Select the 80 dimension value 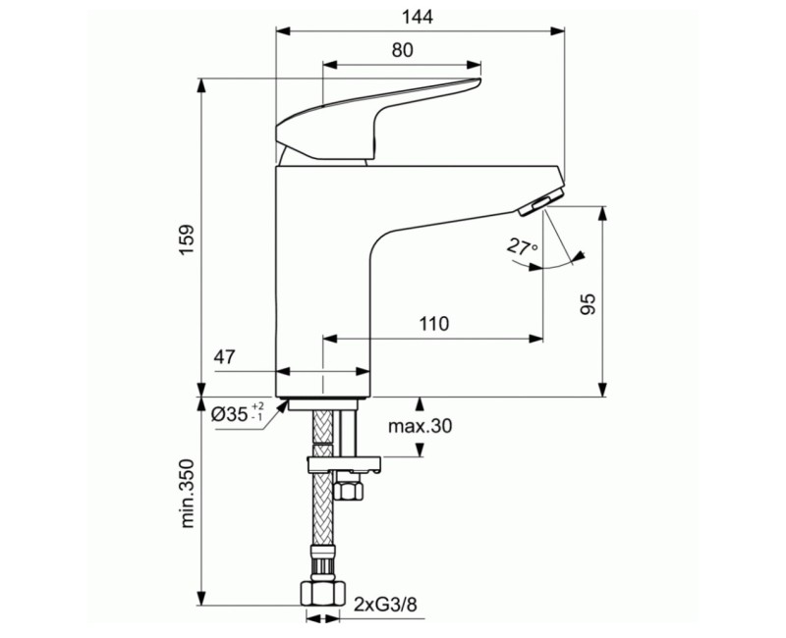402,52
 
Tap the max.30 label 421,426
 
